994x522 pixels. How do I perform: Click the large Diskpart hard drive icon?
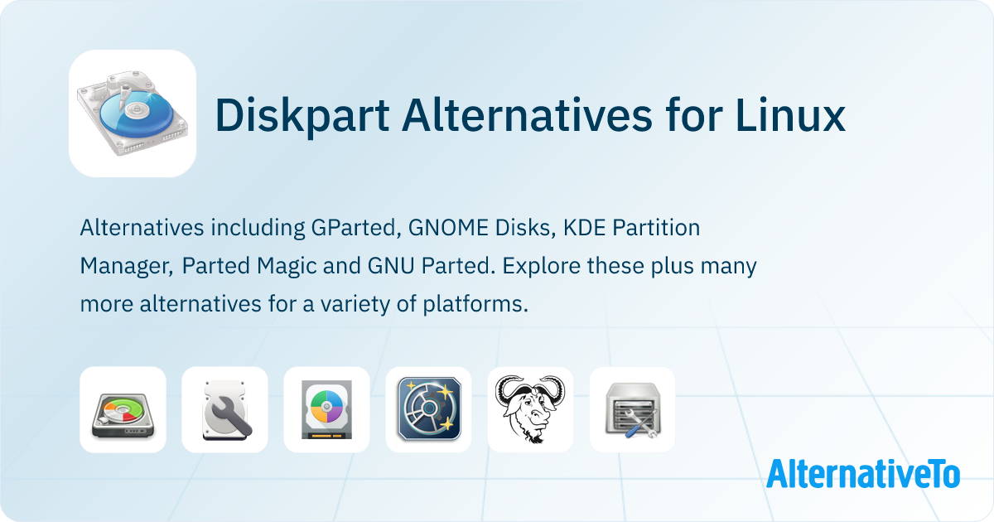[x=133, y=114]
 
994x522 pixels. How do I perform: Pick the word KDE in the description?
[x=581, y=228]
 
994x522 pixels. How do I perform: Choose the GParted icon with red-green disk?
[x=123, y=409]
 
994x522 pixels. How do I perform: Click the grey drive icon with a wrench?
[x=224, y=409]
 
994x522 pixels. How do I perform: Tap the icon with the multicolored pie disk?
[x=326, y=409]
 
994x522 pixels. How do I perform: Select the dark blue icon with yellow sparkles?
[x=428, y=409]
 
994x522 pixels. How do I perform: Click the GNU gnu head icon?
[x=530, y=409]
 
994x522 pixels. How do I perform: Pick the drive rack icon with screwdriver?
[x=632, y=409]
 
